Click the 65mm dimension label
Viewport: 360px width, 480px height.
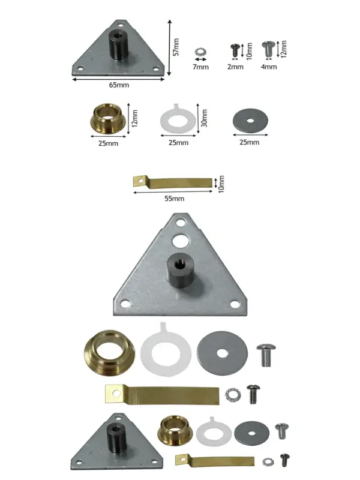point(119,85)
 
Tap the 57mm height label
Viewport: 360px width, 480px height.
point(176,47)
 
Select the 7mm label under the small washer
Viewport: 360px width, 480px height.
point(201,67)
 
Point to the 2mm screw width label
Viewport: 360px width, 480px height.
point(235,67)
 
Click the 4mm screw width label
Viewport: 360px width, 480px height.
point(269,67)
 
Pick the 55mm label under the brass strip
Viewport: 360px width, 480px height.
point(175,199)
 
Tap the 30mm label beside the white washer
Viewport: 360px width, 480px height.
point(205,118)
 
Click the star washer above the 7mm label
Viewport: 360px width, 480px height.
point(200,52)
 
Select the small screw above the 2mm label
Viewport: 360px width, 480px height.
point(235,50)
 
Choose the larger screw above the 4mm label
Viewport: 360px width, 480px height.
point(268,49)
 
